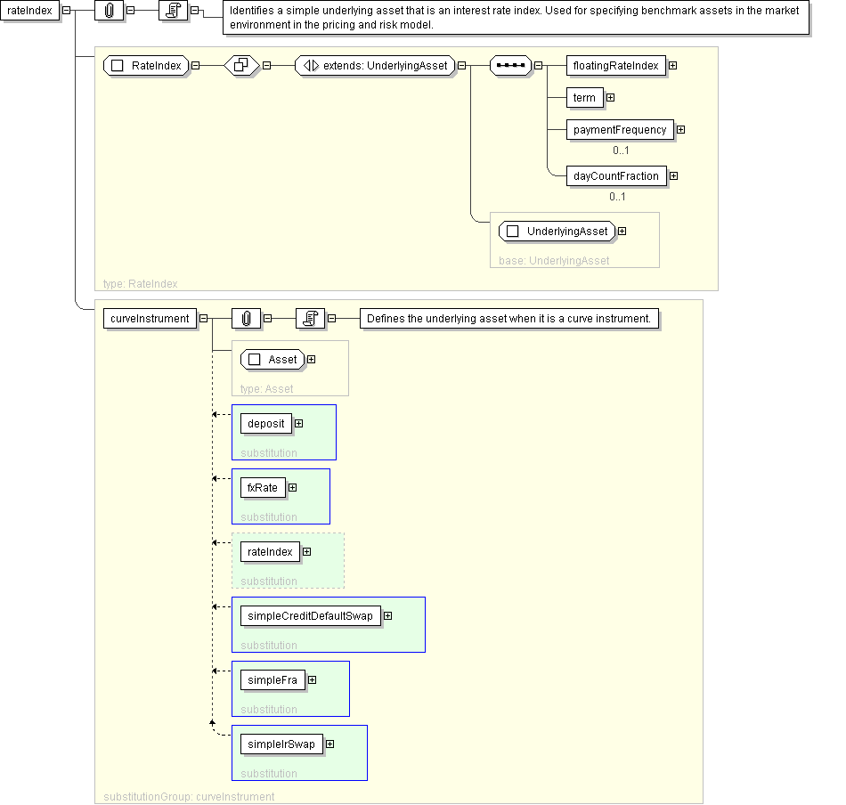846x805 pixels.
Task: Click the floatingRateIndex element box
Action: (x=615, y=66)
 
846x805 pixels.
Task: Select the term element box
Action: (x=584, y=98)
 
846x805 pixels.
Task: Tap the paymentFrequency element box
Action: (x=620, y=129)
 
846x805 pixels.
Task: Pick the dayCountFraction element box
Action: (x=616, y=176)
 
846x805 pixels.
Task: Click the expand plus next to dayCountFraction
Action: (x=674, y=176)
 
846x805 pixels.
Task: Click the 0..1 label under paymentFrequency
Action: (x=621, y=150)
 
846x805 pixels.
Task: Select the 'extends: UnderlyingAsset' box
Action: (x=376, y=66)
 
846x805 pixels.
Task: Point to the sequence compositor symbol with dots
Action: (x=510, y=66)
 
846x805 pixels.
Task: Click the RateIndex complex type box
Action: (x=146, y=66)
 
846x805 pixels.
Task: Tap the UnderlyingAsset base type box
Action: (x=557, y=232)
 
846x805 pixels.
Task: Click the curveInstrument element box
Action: (x=150, y=319)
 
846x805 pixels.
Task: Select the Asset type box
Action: (x=273, y=360)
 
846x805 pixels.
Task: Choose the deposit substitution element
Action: (x=266, y=424)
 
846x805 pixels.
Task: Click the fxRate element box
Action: (x=263, y=488)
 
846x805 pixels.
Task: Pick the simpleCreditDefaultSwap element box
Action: (x=310, y=616)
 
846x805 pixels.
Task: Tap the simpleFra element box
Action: (x=273, y=680)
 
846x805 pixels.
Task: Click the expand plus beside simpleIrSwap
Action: (x=330, y=744)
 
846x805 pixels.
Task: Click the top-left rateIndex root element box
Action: (x=29, y=11)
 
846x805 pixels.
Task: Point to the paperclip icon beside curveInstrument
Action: (x=246, y=319)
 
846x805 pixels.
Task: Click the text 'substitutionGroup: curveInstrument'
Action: (x=189, y=797)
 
